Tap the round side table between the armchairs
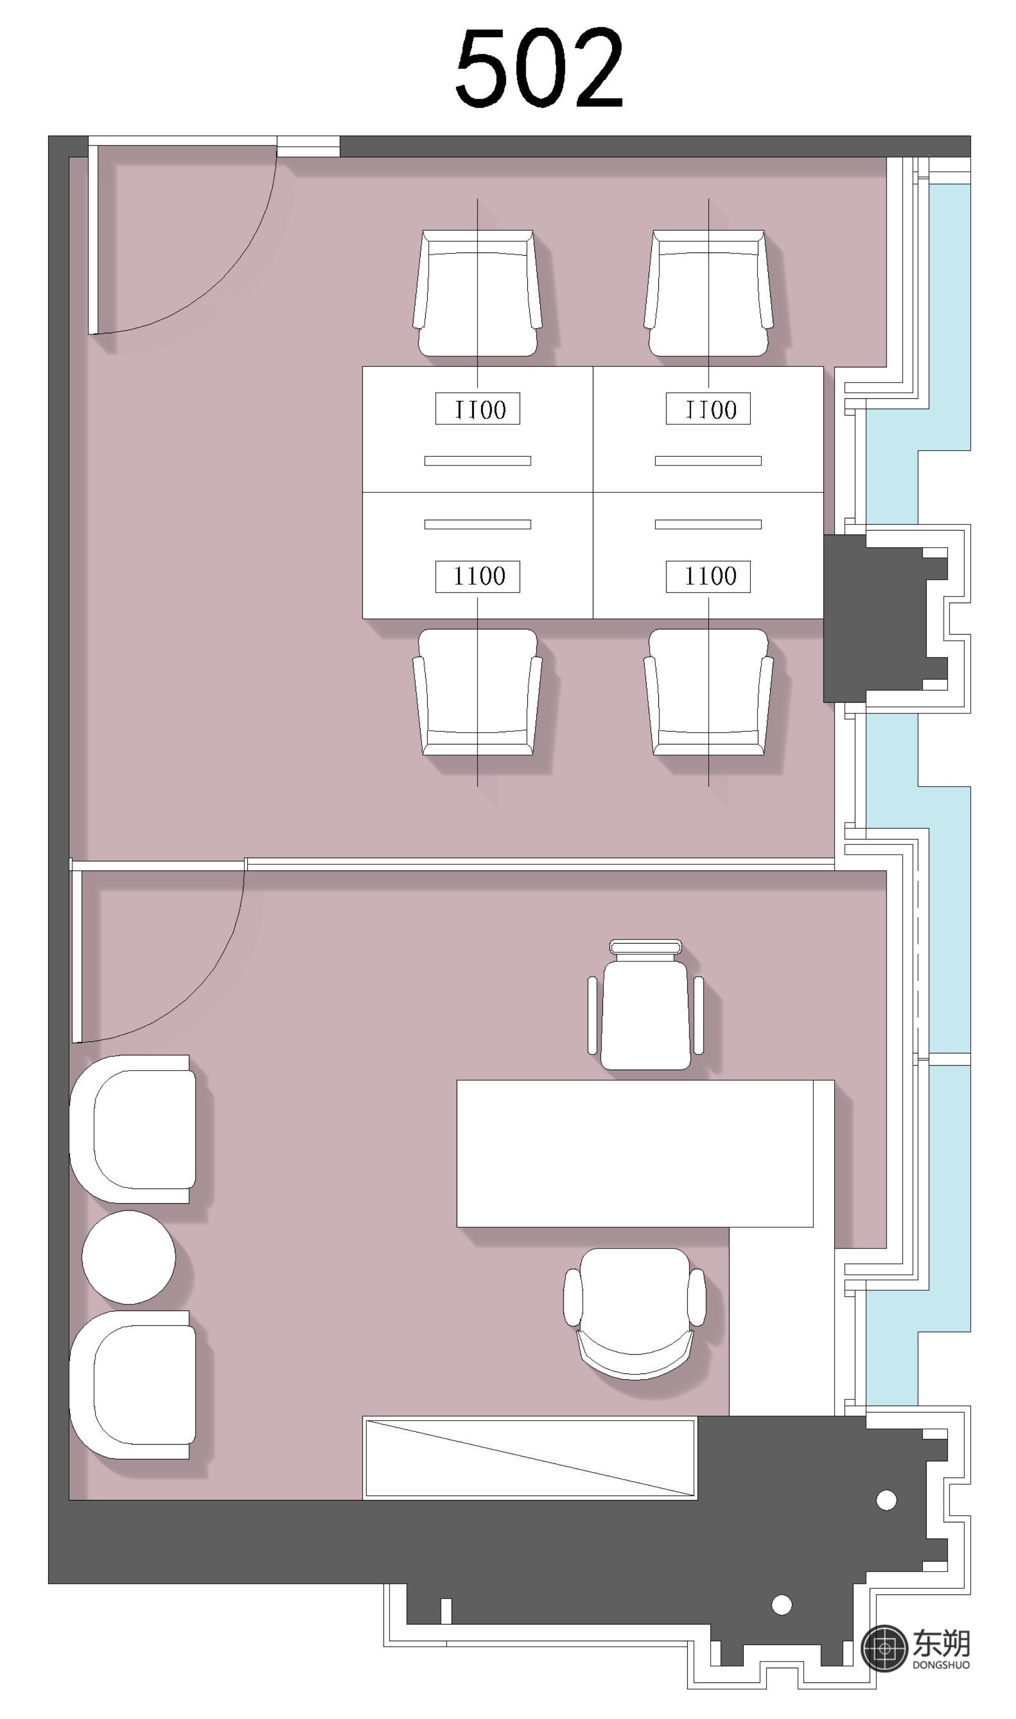pyautogui.click(x=129, y=1257)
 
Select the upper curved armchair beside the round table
pyautogui.click(x=132, y=1129)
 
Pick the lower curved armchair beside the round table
pyautogui.click(x=132, y=1385)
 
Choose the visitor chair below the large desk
pyautogui.click(x=634, y=1313)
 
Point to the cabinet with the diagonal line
pyautogui.click(x=530, y=1458)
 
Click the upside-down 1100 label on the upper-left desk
pyautogui.click(x=478, y=409)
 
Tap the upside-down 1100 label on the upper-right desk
pyautogui.click(x=709, y=409)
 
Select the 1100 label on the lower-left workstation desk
pyautogui.click(x=478, y=576)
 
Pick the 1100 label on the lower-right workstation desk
pyautogui.click(x=709, y=576)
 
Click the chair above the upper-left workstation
pyautogui.click(x=477, y=293)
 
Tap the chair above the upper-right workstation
pyautogui.click(x=709, y=293)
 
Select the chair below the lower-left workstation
pyautogui.click(x=477, y=692)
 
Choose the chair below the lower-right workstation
pyautogui.click(x=709, y=692)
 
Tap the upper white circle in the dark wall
pyautogui.click(x=886, y=1500)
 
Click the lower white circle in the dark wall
pyautogui.click(x=782, y=1604)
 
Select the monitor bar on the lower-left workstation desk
pyautogui.click(x=478, y=524)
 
